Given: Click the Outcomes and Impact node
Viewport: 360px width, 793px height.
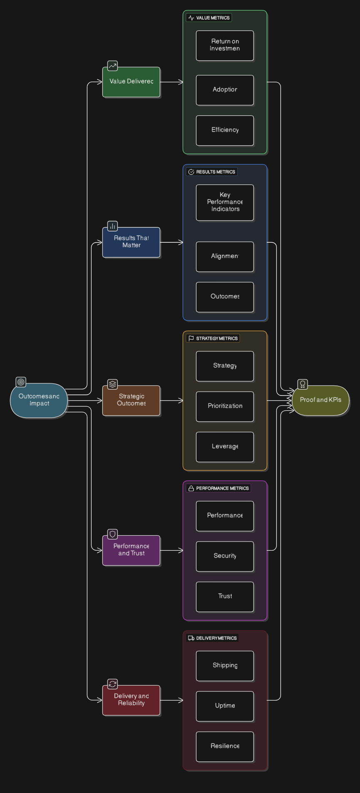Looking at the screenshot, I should [39, 400].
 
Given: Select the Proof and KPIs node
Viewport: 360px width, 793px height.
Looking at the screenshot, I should [320, 400].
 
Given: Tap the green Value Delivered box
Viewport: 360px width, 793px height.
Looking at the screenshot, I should [131, 82].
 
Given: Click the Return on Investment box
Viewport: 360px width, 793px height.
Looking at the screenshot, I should [225, 45].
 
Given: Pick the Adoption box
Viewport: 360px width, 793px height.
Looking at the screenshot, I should [225, 90].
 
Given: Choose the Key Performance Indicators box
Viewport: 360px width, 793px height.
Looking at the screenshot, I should [225, 202].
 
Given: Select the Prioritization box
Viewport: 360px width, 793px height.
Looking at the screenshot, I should [225, 406].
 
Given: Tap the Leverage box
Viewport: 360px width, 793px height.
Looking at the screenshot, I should [225, 447].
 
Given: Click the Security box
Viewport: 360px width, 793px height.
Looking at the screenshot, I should [225, 556].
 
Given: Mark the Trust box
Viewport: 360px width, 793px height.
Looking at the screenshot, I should [225, 597].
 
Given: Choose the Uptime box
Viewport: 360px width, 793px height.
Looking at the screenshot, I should [225, 706].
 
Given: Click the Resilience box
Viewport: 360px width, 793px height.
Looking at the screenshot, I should [225, 746].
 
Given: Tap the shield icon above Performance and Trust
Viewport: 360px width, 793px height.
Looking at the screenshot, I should [112, 534].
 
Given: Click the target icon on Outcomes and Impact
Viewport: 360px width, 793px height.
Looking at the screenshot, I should [21, 382].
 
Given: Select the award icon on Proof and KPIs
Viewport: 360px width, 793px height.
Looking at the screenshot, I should [303, 384].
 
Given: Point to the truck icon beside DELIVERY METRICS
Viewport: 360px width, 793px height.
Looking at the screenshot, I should [191, 638].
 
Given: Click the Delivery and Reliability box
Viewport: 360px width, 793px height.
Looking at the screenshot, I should [131, 700].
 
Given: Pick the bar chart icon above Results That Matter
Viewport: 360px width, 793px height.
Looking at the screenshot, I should [112, 226].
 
